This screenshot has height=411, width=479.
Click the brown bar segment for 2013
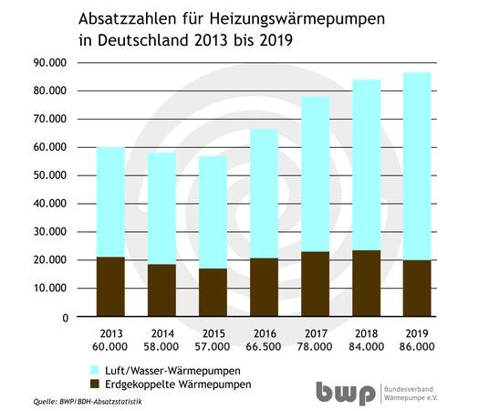tap(111, 287)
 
